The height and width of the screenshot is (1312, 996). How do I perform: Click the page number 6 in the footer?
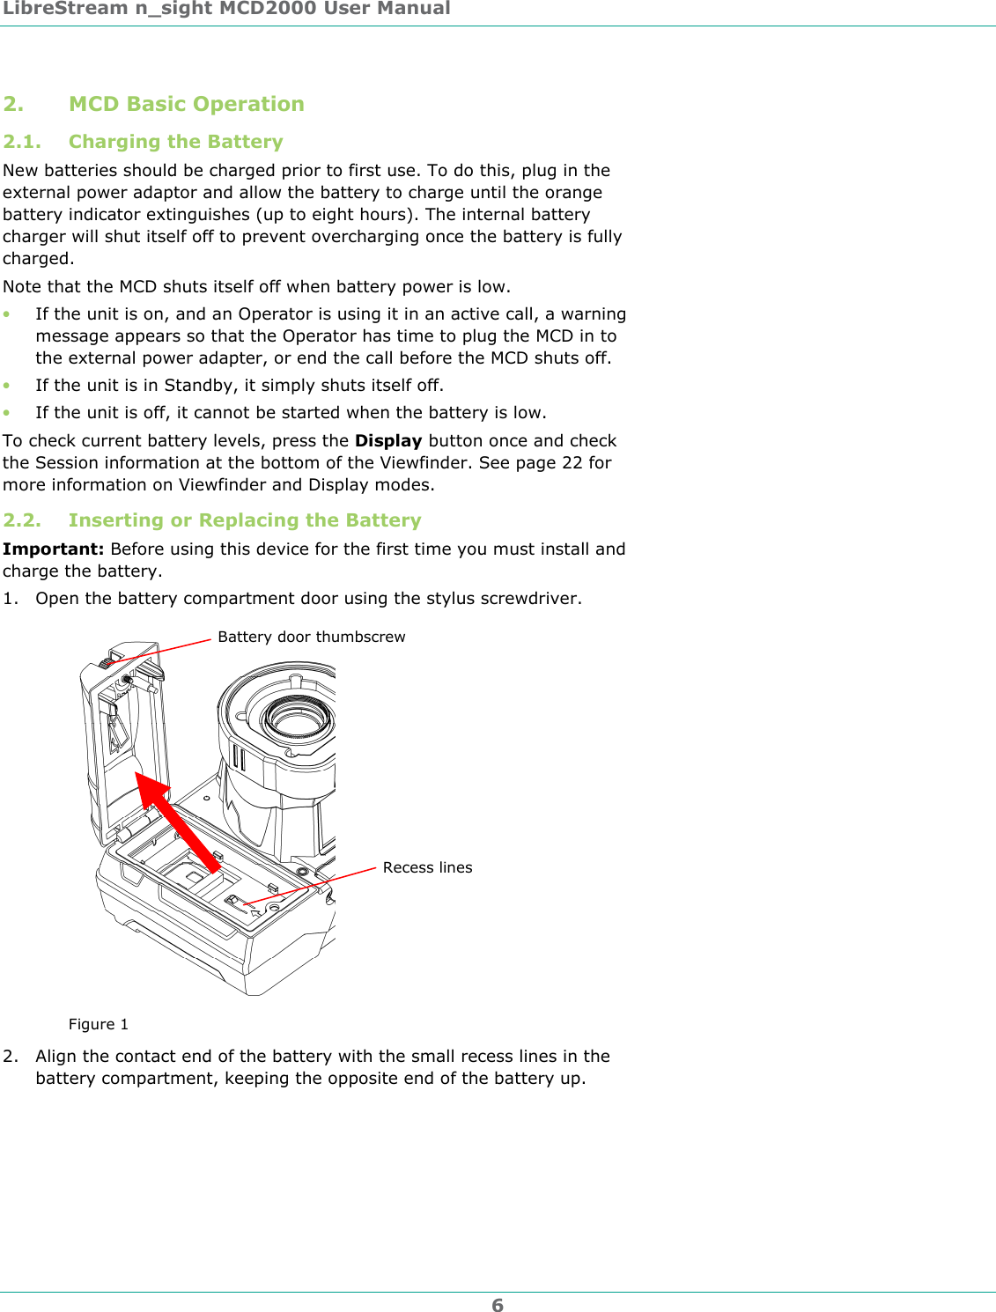(x=498, y=1305)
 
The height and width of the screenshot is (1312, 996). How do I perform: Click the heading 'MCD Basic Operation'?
(x=186, y=104)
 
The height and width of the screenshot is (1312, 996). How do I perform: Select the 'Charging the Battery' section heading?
(x=175, y=142)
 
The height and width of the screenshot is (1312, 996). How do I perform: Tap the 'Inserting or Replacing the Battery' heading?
(x=245, y=520)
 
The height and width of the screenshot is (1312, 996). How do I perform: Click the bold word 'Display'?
(x=388, y=440)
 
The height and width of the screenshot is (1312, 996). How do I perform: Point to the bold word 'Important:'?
(x=53, y=549)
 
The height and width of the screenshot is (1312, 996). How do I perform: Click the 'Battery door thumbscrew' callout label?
(x=311, y=637)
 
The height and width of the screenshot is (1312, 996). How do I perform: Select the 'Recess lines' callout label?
(x=427, y=867)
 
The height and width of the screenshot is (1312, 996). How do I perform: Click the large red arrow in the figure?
(x=176, y=819)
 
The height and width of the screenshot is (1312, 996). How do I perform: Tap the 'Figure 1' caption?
(x=99, y=1024)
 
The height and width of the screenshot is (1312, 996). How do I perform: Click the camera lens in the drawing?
(x=299, y=718)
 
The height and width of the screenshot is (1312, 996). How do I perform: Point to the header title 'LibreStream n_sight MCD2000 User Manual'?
(x=226, y=9)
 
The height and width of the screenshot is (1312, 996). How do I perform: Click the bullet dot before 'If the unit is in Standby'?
(x=7, y=386)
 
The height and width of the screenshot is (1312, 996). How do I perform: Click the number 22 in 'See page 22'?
(x=572, y=462)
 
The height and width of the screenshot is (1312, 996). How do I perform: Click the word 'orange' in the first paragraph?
(x=573, y=192)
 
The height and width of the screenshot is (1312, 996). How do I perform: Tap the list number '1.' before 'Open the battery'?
(x=11, y=599)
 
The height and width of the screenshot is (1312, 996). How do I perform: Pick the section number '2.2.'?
(x=22, y=520)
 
